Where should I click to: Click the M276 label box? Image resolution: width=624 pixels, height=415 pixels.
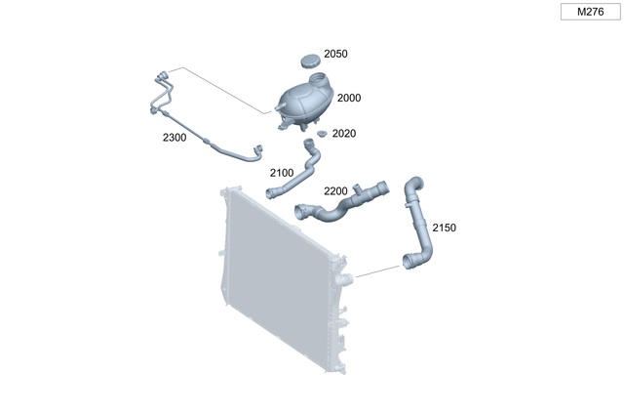[590, 13]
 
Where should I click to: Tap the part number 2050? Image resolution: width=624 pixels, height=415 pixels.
[335, 55]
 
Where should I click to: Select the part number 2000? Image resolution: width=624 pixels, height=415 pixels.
[348, 99]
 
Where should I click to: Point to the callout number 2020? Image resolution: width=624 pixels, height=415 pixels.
[344, 133]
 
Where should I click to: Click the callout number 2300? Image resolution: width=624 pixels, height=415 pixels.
[175, 138]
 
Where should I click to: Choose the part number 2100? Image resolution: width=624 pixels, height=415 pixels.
[281, 173]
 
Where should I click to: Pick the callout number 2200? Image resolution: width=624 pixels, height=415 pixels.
[335, 191]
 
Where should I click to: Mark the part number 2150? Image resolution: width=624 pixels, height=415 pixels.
[444, 228]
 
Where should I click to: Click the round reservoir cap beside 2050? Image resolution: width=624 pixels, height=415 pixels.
[310, 62]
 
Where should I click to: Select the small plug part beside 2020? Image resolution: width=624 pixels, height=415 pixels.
[321, 131]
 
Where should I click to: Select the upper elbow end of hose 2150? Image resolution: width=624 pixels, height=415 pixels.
[413, 184]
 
